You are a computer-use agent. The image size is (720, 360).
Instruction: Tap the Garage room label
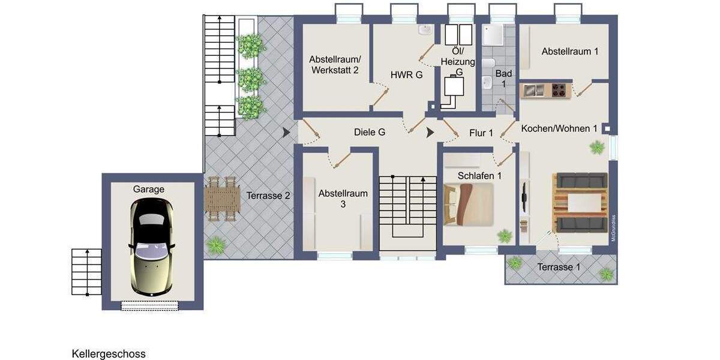(x=148, y=189)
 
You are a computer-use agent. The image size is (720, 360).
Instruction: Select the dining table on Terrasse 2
(x=222, y=198)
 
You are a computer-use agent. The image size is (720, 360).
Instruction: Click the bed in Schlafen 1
(x=468, y=204)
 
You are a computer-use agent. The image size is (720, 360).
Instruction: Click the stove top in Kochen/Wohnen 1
(x=560, y=91)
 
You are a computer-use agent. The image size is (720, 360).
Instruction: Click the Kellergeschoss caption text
(x=109, y=354)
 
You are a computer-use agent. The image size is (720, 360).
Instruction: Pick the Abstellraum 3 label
(x=343, y=199)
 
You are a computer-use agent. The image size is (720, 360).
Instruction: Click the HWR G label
(x=406, y=75)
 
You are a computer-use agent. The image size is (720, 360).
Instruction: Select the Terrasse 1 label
(x=559, y=267)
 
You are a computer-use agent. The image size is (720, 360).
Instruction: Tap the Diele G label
(x=370, y=132)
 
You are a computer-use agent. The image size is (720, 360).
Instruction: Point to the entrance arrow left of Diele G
(x=286, y=133)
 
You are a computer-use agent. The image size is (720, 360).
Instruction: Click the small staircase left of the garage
(x=86, y=272)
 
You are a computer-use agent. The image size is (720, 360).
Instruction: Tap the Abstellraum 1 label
(x=569, y=52)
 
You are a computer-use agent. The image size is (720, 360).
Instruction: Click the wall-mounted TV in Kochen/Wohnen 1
(x=524, y=195)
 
